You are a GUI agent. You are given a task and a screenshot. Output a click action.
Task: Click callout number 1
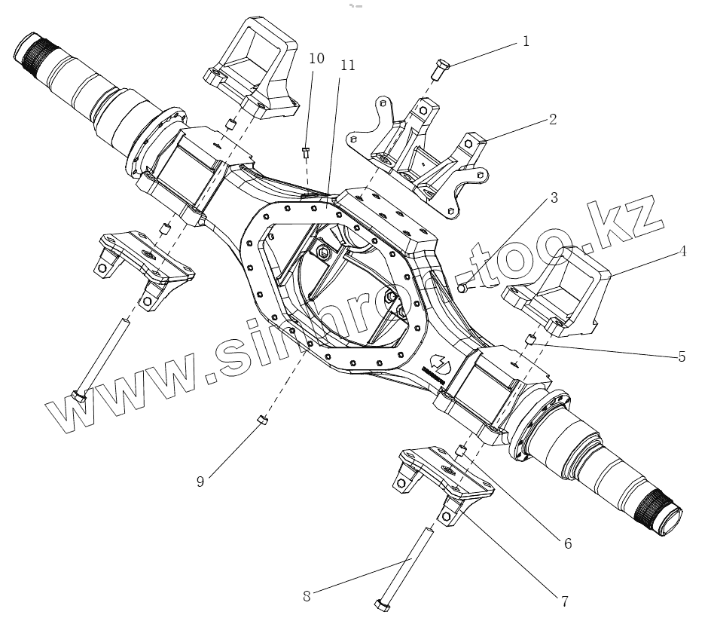(526, 41)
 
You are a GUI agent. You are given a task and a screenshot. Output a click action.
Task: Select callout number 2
(552, 120)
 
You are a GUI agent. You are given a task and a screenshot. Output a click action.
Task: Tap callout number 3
(554, 199)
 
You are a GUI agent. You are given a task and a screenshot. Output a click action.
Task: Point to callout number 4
(682, 252)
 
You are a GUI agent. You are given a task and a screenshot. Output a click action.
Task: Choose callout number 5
(681, 356)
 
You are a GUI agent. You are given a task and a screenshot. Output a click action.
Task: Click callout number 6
(567, 543)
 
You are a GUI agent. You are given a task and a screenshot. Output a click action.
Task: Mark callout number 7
(563, 601)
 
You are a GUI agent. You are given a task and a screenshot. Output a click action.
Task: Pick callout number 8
(307, 596)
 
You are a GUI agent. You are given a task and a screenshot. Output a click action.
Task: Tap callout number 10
(316, 59)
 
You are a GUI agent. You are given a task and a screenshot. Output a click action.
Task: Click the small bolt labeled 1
(440, 70)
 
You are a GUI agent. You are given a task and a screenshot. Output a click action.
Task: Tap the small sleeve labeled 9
(263, 420)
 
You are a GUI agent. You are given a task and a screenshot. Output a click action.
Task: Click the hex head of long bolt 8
(381, 604)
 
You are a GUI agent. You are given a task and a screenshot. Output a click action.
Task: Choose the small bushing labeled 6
(461, 451)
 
